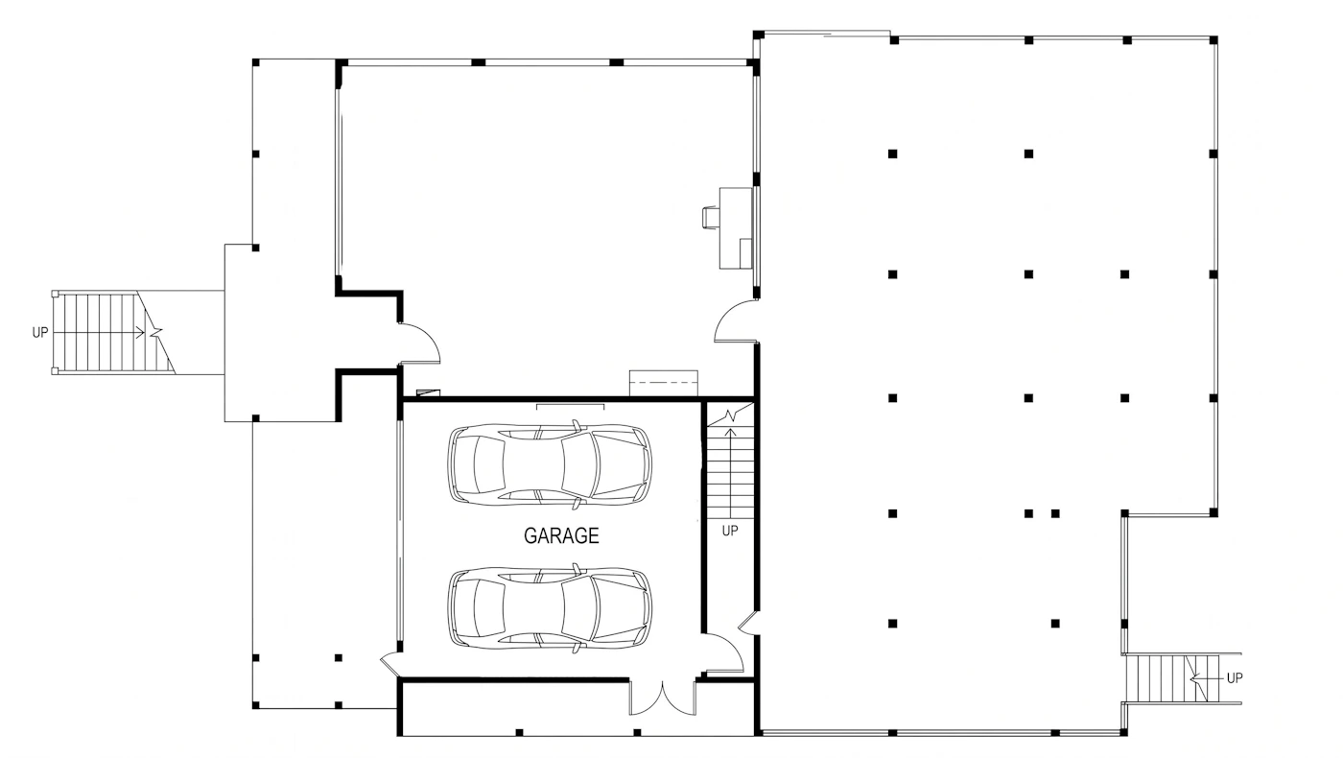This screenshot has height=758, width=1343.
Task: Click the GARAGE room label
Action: (561, 535)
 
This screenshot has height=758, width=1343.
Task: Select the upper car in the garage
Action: (550, 464)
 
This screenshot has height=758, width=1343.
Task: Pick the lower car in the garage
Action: (550, 607)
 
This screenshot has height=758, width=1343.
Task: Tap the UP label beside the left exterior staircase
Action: (40, 332)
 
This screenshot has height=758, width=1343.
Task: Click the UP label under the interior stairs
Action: (730, 531)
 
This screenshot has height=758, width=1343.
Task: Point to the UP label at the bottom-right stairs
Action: (1235, 677)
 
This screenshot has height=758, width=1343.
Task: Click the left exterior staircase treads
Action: (113, 332)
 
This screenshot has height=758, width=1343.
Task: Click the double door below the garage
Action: (663, 699)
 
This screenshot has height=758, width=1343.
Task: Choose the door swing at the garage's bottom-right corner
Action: (724, 653)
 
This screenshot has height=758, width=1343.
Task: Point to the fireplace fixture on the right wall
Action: (728, 228)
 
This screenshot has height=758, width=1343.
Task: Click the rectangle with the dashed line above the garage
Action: (663, 383)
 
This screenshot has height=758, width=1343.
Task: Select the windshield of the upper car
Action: (580, 464)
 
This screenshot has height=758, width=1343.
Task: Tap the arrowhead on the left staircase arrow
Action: (140, 332)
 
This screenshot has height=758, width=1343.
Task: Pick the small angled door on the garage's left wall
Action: (389, 662)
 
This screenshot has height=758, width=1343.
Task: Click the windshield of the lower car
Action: (580, 607)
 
